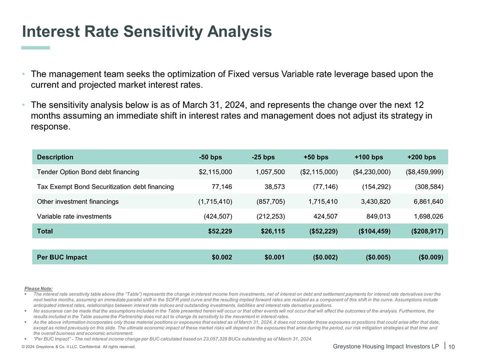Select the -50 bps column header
tap(210, 157)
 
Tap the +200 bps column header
tap(421, 157)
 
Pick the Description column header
tap(55, 157)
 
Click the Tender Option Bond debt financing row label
tap(88, 172)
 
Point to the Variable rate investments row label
tap(74, 216)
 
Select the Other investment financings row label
tap(77, 201)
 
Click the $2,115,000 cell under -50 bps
tap(215, 172)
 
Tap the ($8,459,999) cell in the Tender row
tap(424, 172)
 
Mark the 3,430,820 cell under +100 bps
tap(371, 201)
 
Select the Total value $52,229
tap(220, 231)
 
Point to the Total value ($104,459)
tap(371, 231)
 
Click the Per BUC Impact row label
tap(62, 257)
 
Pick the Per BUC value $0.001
tap(274, 257)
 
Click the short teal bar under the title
tap(36, 48)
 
